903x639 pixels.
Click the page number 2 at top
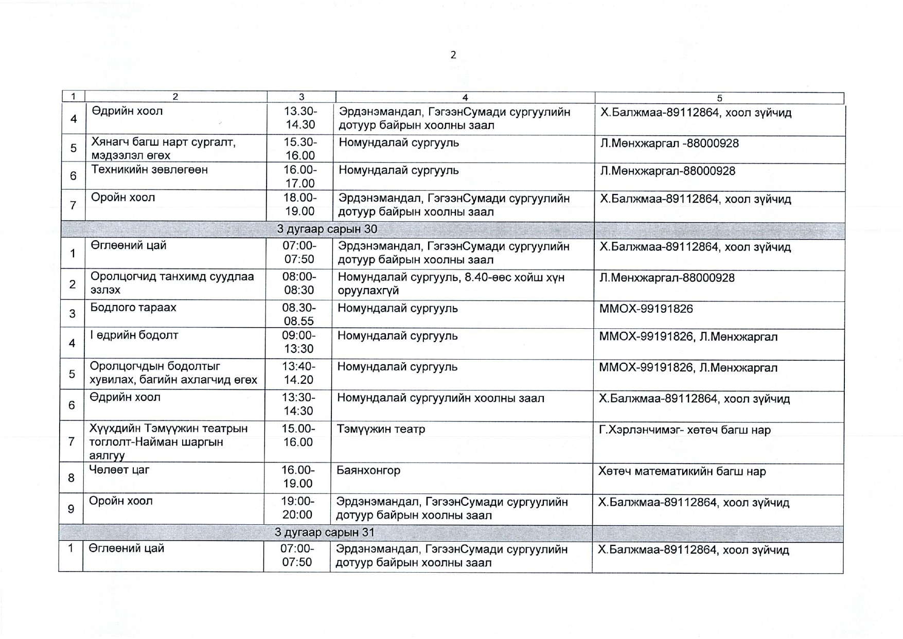click(x=453, y=55)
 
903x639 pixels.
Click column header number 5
click(x=719, y=98)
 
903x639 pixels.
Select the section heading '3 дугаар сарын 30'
click(x=327, y=229)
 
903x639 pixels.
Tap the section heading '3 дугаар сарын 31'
click(x=324, y=532)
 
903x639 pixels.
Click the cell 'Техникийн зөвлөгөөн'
click(x=149, y=170)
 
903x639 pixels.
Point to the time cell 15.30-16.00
click(x=300, y=149)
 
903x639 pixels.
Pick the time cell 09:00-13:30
click(x=298, y=342)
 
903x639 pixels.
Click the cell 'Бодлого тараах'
click(x=133, y=308)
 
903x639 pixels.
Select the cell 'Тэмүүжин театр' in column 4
click(x=381, y=429)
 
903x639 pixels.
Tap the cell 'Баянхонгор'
click(x=368, y=470)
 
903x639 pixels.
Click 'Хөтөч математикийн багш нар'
click(x=682, y=471)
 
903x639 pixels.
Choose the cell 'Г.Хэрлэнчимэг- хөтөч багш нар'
click(x=685, y=430)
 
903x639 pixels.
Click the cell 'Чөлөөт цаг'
click(x=119, y=469)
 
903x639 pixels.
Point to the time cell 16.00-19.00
click(x=298, y=476)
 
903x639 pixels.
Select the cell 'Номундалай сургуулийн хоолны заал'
click(x=440, y=398)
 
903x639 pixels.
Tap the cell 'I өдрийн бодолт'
click(x=134, y=335)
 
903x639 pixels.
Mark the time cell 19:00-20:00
click(x=297, y=508)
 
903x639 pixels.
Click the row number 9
click(x=71, y=509)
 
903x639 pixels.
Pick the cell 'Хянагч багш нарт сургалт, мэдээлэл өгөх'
click(x=163, y=149)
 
